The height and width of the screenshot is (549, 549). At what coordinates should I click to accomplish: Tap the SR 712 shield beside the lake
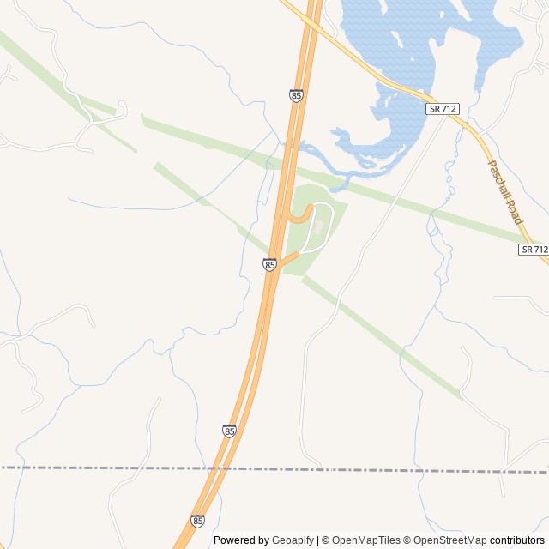pyautogui.click(x=443, y=108)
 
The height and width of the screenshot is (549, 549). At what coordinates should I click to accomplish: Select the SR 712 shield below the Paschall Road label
pyautogui.click(x=533, y=249)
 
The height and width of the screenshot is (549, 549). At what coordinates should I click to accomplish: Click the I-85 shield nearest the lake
pyautogui.click(x=296, y=96)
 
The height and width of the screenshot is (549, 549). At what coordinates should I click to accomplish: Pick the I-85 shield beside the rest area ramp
pyautogui.click(x=270, y=266)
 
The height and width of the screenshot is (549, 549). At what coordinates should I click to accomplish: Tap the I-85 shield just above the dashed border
pyautogui.click(x=229, y=431)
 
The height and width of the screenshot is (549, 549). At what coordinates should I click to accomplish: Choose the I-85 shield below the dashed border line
pyautogui.click(x=198, y=521)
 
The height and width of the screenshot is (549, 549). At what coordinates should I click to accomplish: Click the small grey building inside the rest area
pyautogui.click(x=318, y=226)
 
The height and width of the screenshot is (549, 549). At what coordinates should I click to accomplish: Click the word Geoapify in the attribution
pyautogui.click(x=293, y=540)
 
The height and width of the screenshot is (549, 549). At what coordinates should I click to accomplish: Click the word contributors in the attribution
pyautogui.click(x=518, y=540)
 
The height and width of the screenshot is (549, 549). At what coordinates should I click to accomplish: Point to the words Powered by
pyautogui.click(x=241, y=540)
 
